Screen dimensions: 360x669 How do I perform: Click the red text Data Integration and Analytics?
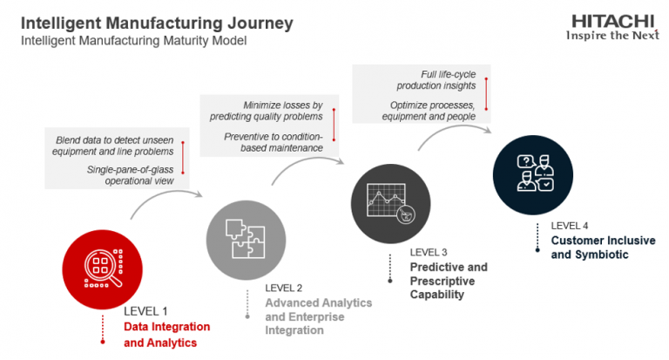pyautogui.click(x=166, y=335)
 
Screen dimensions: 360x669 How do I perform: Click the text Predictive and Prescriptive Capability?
pyautogui.click(x=449, y=281)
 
